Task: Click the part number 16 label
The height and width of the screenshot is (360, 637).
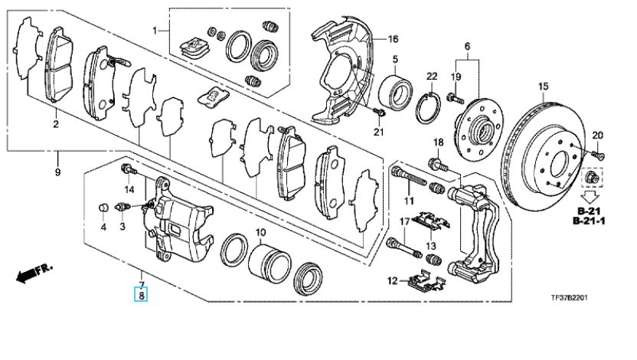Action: pyautogui.click(x=393, y=39)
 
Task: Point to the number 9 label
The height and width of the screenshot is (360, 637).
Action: pyautogui.click(x=57, y=172)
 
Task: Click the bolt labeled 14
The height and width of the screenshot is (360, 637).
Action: pyautogui.click(x=129, y=169)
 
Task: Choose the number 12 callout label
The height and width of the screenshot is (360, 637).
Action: pyautogui.click(x=392, y=281)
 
